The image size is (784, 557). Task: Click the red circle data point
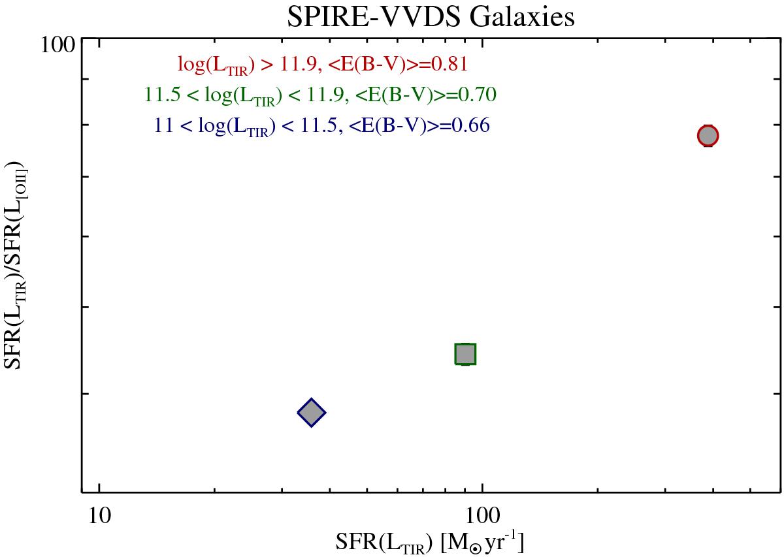point(708,135)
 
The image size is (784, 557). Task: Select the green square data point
point(465,353)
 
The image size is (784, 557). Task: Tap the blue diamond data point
point(312,412)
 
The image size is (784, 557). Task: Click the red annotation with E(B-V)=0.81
point(323,65)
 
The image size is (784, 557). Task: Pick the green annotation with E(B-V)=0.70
point(321,95)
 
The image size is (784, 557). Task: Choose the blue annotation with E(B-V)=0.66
point(321,126)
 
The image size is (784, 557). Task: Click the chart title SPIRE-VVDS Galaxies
point(431,17)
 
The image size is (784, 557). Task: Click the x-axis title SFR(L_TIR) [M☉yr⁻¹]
point(431,542)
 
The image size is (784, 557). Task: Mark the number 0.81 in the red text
point(450,64)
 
